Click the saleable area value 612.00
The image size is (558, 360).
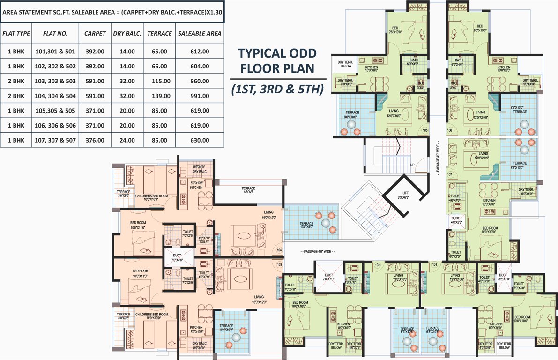[x=200, y=52]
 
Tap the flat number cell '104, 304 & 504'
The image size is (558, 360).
[x=55, y=96]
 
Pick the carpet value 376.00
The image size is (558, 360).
[x=95, y=140]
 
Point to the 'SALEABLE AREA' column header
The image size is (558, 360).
[x=200, y=34]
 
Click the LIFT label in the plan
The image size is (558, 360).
[x=406, y=193]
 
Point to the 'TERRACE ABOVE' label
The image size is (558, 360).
[x=248, y=190]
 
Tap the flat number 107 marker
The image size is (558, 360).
[x=450, y=174]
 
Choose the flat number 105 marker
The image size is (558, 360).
[x=425, y=130]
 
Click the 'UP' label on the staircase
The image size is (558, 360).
[x=412, y=165]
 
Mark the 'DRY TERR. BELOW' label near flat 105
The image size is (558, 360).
[x=345, y=64]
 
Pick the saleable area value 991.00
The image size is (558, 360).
[x=200, y=96]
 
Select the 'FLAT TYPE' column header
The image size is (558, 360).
[x=16, y=34]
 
